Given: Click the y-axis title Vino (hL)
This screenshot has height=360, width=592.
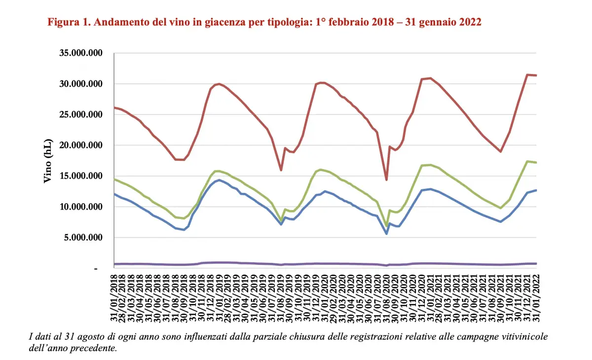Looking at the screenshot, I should [x=48, y=160].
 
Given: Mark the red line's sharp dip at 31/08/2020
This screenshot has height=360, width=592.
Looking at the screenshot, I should [x=387, y=180].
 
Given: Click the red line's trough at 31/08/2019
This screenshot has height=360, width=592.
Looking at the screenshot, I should [x=281, y=170].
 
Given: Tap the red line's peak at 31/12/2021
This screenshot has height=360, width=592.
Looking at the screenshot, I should [x=527, y=74].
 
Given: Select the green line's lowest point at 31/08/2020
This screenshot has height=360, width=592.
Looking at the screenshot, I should [x=387, y=227].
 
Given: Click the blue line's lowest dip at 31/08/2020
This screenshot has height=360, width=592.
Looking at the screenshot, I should [x=387, y=234].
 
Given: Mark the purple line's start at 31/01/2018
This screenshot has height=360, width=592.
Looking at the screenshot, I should [x=114, y=264].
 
